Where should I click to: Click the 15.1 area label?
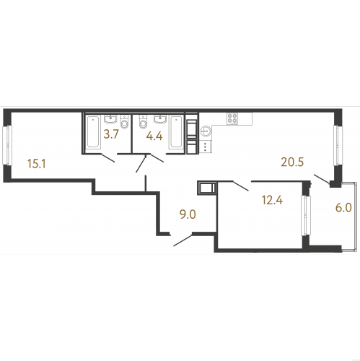(x=37, y=164)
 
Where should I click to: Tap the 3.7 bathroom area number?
(x=111, y=134)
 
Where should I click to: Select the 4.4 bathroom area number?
(x=154, y=136)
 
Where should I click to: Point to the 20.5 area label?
(x=293, y=162)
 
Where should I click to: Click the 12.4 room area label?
(x=273, y=200)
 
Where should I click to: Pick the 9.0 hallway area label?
(x=188, y=214)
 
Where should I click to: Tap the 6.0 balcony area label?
(x=343, y=208)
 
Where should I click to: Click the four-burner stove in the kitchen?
(x=232, y=118)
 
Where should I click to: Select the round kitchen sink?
(x=206, y=131)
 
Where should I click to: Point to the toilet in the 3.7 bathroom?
(x=125, y=121)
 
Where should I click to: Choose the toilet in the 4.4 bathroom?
(x=143, y=121)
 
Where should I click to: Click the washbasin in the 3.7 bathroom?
(x=110, y=119)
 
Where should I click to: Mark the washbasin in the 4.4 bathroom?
(x=160, y=119)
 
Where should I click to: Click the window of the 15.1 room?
(x=7, y=145)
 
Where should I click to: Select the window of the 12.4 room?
(x=306, y=216)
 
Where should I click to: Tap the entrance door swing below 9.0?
(x=183, y=240)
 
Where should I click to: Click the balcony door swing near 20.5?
(x=322, y=179)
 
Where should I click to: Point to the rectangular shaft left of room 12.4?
(x=207, y=188)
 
